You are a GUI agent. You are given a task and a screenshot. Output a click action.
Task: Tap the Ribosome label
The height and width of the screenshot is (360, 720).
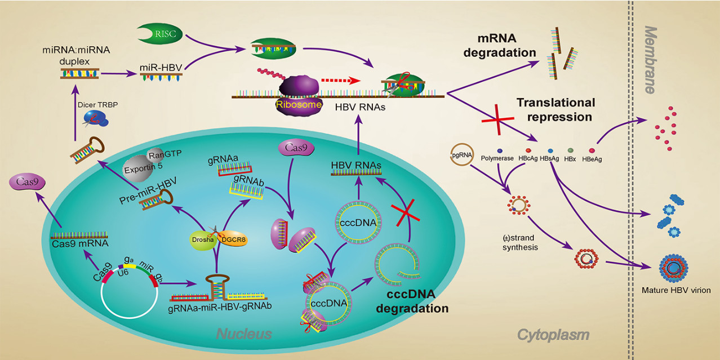click(299, 104)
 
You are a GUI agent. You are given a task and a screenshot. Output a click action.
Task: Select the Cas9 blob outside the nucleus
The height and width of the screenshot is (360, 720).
click(27, 182)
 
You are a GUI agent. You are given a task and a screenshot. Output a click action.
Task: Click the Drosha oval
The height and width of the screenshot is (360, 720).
click(203, 240)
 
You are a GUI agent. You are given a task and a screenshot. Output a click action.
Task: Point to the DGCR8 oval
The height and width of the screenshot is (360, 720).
click(234, 239)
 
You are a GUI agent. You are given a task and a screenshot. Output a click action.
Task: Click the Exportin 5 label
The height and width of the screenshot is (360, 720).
click(143, 168)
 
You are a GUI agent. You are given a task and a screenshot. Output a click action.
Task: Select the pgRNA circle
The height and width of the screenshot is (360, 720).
click(462, 154)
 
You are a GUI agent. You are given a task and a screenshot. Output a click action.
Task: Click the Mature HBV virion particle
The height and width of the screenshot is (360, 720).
click(673, 268)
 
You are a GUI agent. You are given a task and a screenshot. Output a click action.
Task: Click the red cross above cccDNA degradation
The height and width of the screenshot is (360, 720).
click(406, 212)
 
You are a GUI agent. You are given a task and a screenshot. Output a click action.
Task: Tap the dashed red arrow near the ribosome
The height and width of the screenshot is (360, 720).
click(341, 81)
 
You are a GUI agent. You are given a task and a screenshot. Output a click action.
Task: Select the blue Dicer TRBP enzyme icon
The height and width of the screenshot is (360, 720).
click(96, 119)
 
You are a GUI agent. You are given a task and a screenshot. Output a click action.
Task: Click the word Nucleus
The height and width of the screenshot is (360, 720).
click(244, 334)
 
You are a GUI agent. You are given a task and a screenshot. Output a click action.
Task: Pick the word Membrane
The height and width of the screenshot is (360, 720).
click(650, 60)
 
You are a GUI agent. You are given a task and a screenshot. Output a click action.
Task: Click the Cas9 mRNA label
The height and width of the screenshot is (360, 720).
click(80, 243)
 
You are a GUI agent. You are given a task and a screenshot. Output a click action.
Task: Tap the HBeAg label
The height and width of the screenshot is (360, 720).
click(592, 159)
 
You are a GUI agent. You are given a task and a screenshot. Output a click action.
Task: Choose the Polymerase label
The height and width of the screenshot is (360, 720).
click(497, 158)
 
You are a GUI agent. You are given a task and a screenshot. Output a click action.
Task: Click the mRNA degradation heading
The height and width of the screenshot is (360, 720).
click(500, 45)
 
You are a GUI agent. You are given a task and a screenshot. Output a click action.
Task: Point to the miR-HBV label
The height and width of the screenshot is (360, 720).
click(161, 68)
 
